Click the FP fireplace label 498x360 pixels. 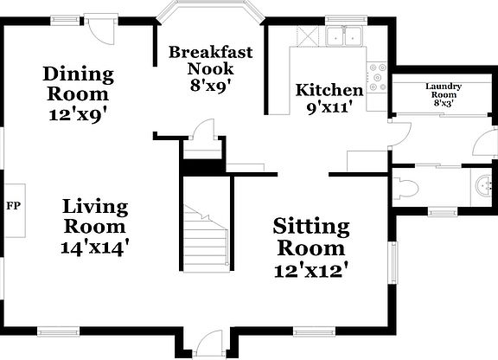[13, 206]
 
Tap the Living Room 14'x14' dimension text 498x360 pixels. [94, 247]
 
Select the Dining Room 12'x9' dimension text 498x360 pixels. [77, 114]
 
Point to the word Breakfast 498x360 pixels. [211, 52]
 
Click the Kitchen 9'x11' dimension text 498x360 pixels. [329, 108]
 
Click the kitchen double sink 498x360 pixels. [344, 36]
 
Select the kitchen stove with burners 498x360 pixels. [377, 77]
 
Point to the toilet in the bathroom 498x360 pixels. [405, 188]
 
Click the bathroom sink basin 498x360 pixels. [484, 186]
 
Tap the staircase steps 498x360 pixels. [206, 239]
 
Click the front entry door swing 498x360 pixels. [209, 344]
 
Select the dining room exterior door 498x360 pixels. [101, 30]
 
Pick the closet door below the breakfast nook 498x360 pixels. [204, 128]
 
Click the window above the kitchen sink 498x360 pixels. [346, 20]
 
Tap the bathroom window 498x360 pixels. [443, 211]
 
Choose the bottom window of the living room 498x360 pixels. [58, 332]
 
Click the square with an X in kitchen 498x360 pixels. [308, 36]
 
